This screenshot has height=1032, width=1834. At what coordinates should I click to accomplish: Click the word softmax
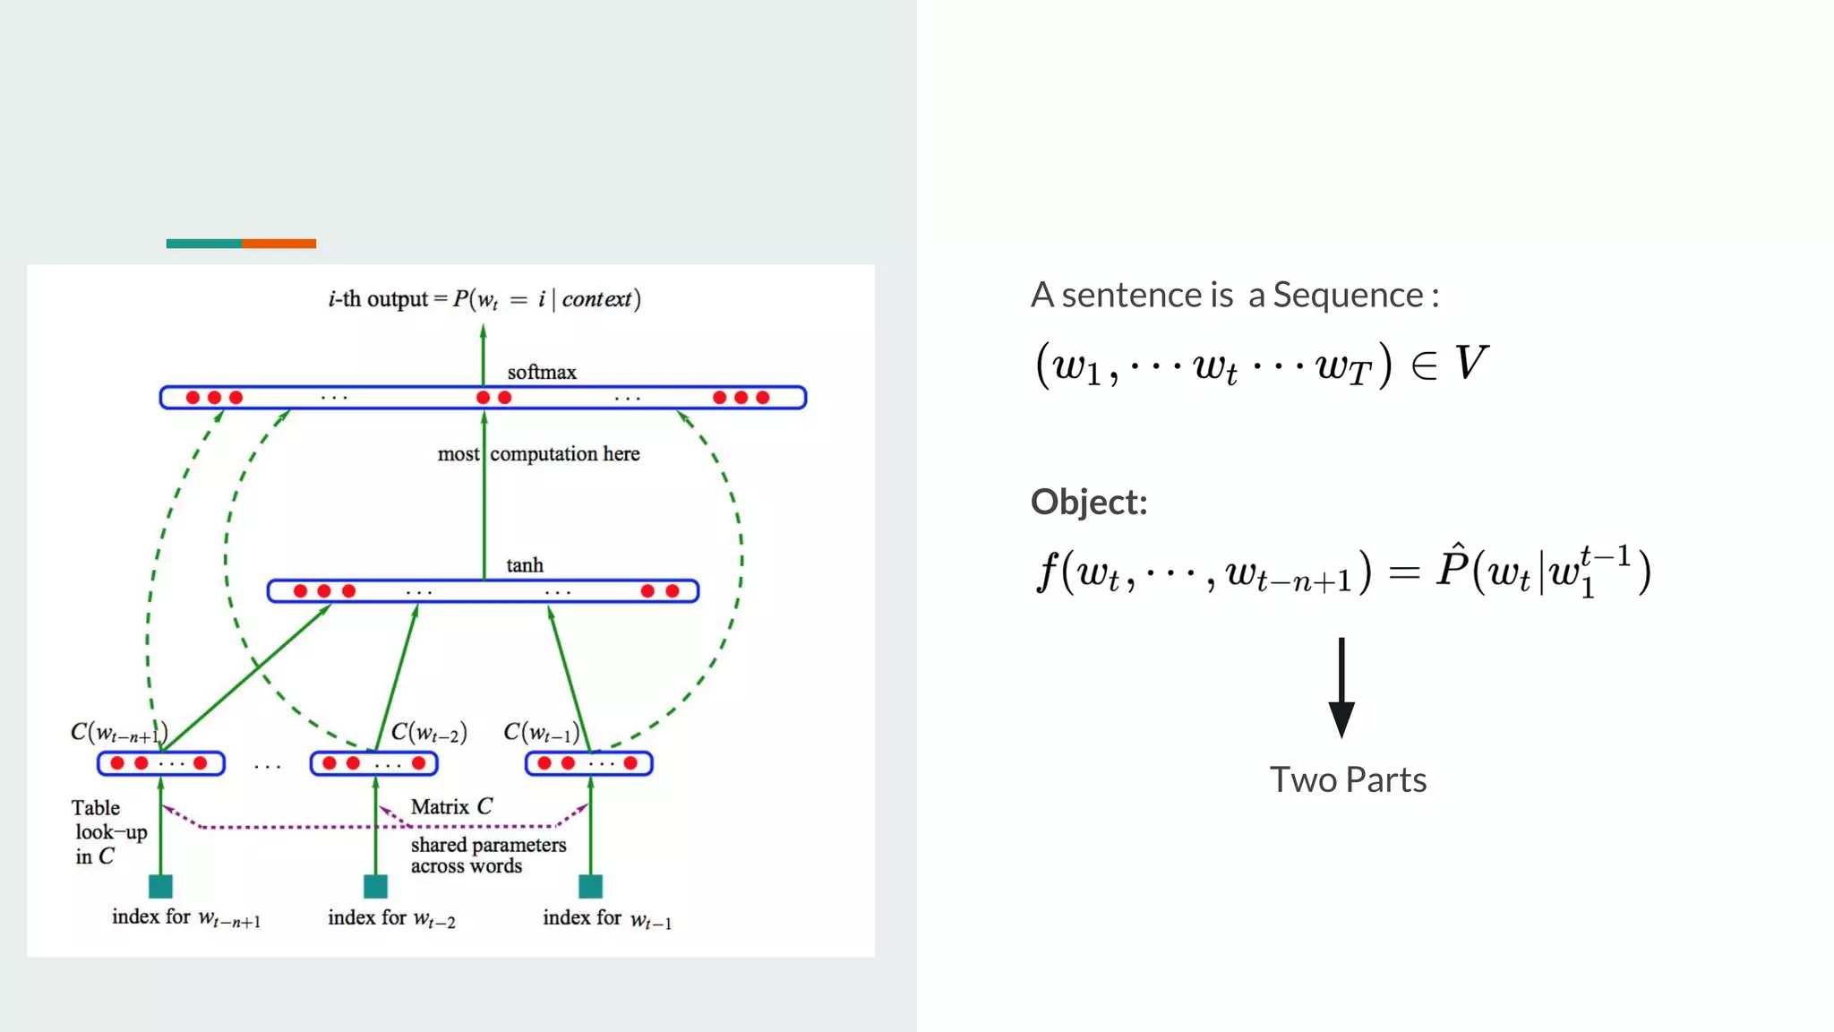point(541,372)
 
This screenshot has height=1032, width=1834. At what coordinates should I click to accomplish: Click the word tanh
point(524,565)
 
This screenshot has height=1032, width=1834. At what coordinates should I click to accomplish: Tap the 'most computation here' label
point(538,454)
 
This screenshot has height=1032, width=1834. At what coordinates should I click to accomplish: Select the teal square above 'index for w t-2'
point(375,886)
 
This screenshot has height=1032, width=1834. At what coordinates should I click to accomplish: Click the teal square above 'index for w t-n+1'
point(160,886)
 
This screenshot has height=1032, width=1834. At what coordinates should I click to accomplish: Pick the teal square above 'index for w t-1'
point(590,886)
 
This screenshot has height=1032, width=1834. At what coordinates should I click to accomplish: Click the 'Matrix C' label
point(451,806)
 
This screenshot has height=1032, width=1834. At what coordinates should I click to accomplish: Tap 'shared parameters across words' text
point(488,855)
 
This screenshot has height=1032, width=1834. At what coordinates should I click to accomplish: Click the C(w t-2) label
point(429,733)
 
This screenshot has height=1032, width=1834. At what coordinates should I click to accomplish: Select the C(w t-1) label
point(541,733)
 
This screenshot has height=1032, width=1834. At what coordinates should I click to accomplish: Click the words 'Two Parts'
point(1348,779)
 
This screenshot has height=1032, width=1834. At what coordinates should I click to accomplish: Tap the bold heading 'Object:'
point(1088,502)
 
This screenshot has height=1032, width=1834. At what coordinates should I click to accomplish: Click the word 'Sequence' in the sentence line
point(1348,295)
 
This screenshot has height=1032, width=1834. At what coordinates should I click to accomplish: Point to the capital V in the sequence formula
point(1470,363)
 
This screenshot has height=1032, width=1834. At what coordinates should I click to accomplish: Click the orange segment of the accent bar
point(279,244)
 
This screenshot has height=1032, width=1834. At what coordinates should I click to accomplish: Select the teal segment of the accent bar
point(203,244)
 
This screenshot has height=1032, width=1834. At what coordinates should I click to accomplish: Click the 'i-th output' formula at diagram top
point(484,299)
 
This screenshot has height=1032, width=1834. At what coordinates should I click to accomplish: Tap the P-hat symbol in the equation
point(1451,567)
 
